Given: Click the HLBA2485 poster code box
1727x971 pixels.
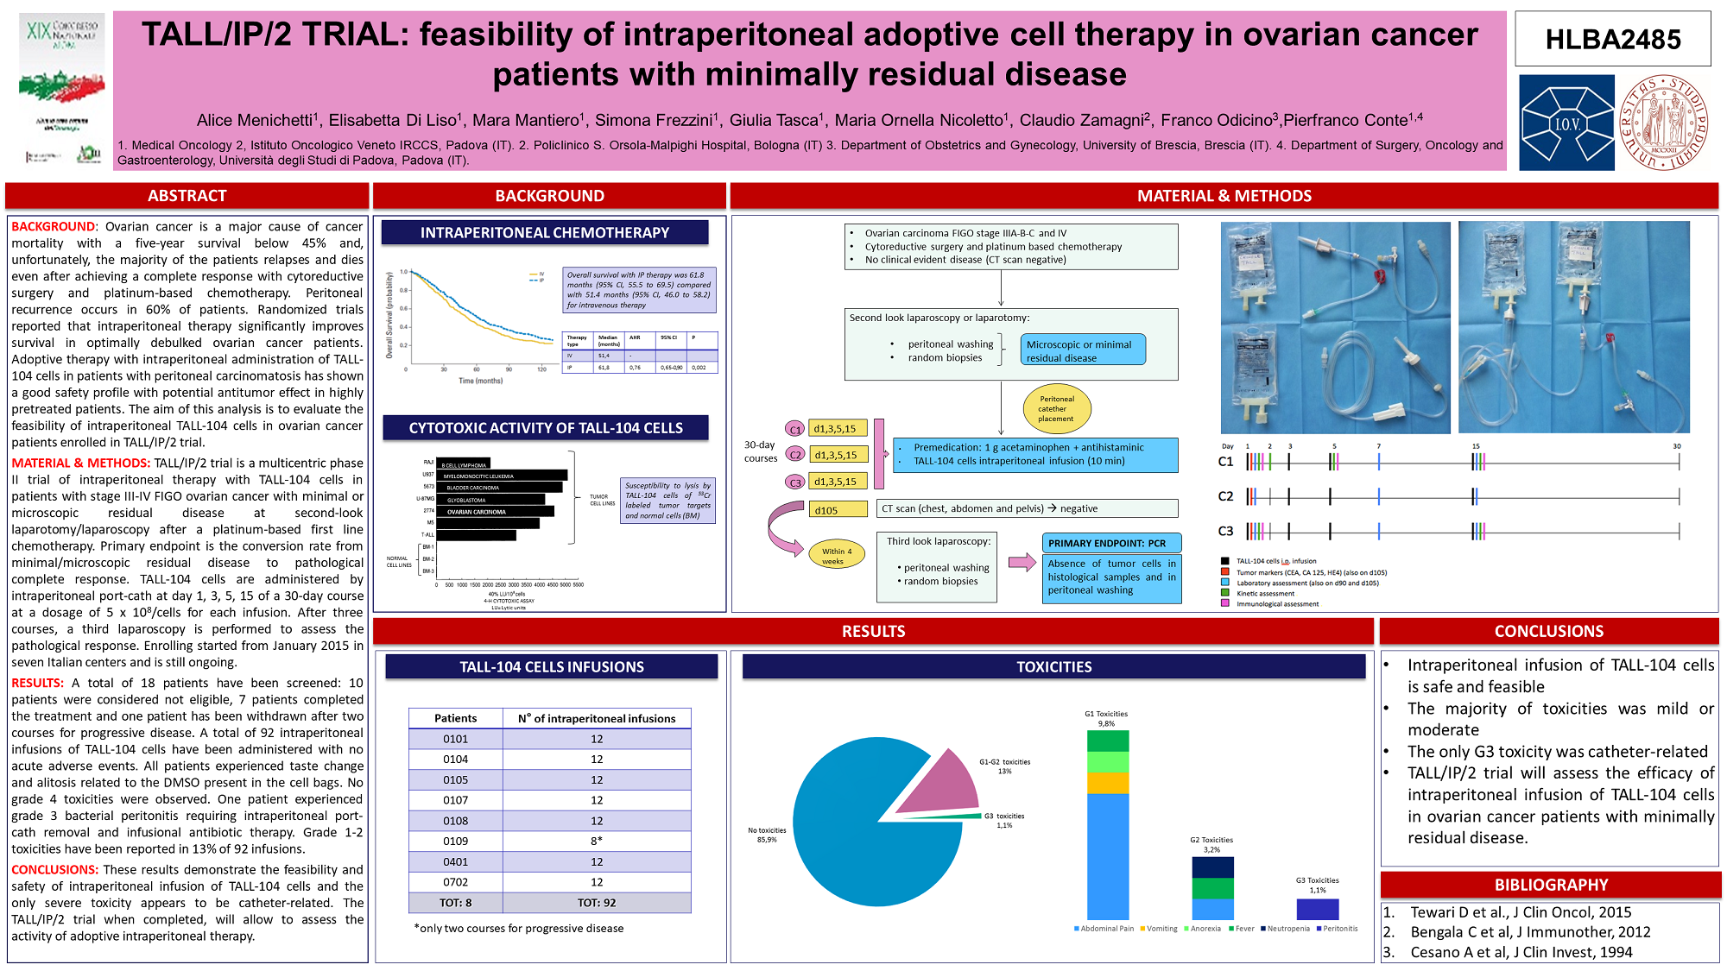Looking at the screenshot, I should [1612, 39].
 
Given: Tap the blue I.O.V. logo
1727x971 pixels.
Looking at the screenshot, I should [1566, 123].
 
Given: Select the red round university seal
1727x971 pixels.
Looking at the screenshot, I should [1664, 123].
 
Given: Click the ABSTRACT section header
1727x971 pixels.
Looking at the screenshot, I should [187, 196].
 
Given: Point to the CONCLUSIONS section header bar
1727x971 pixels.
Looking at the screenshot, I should [1548, 631].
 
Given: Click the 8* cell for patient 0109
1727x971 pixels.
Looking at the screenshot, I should [597, 841].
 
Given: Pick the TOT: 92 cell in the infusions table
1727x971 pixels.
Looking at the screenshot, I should [597, 903].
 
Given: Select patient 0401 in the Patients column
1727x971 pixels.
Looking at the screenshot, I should [455, 861].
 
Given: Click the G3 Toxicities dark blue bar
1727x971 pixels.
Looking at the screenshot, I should [1317, 909].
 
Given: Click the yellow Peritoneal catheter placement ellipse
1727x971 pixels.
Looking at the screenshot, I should [1056, 409].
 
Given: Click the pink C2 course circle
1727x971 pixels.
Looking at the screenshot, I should [795, 455].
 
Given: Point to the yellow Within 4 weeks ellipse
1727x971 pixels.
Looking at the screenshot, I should [836, 556].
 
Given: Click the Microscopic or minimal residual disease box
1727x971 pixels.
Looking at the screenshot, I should [1082, 350].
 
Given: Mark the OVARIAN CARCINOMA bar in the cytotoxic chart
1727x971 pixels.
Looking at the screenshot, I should [495, 512].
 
